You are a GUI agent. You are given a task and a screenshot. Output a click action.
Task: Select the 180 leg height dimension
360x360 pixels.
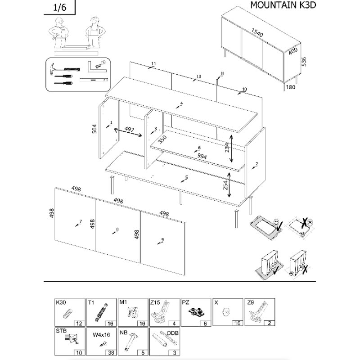[290, 87]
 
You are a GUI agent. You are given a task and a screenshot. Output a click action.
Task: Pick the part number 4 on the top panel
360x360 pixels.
[181, 104]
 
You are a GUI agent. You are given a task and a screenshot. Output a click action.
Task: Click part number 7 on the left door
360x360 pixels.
[81, 221]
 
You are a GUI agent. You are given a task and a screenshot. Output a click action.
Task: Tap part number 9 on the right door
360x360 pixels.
[162, 239]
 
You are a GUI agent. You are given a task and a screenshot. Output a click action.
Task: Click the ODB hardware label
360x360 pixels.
[173, 333]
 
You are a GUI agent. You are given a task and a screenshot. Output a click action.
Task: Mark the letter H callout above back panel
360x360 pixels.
[222, 73]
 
